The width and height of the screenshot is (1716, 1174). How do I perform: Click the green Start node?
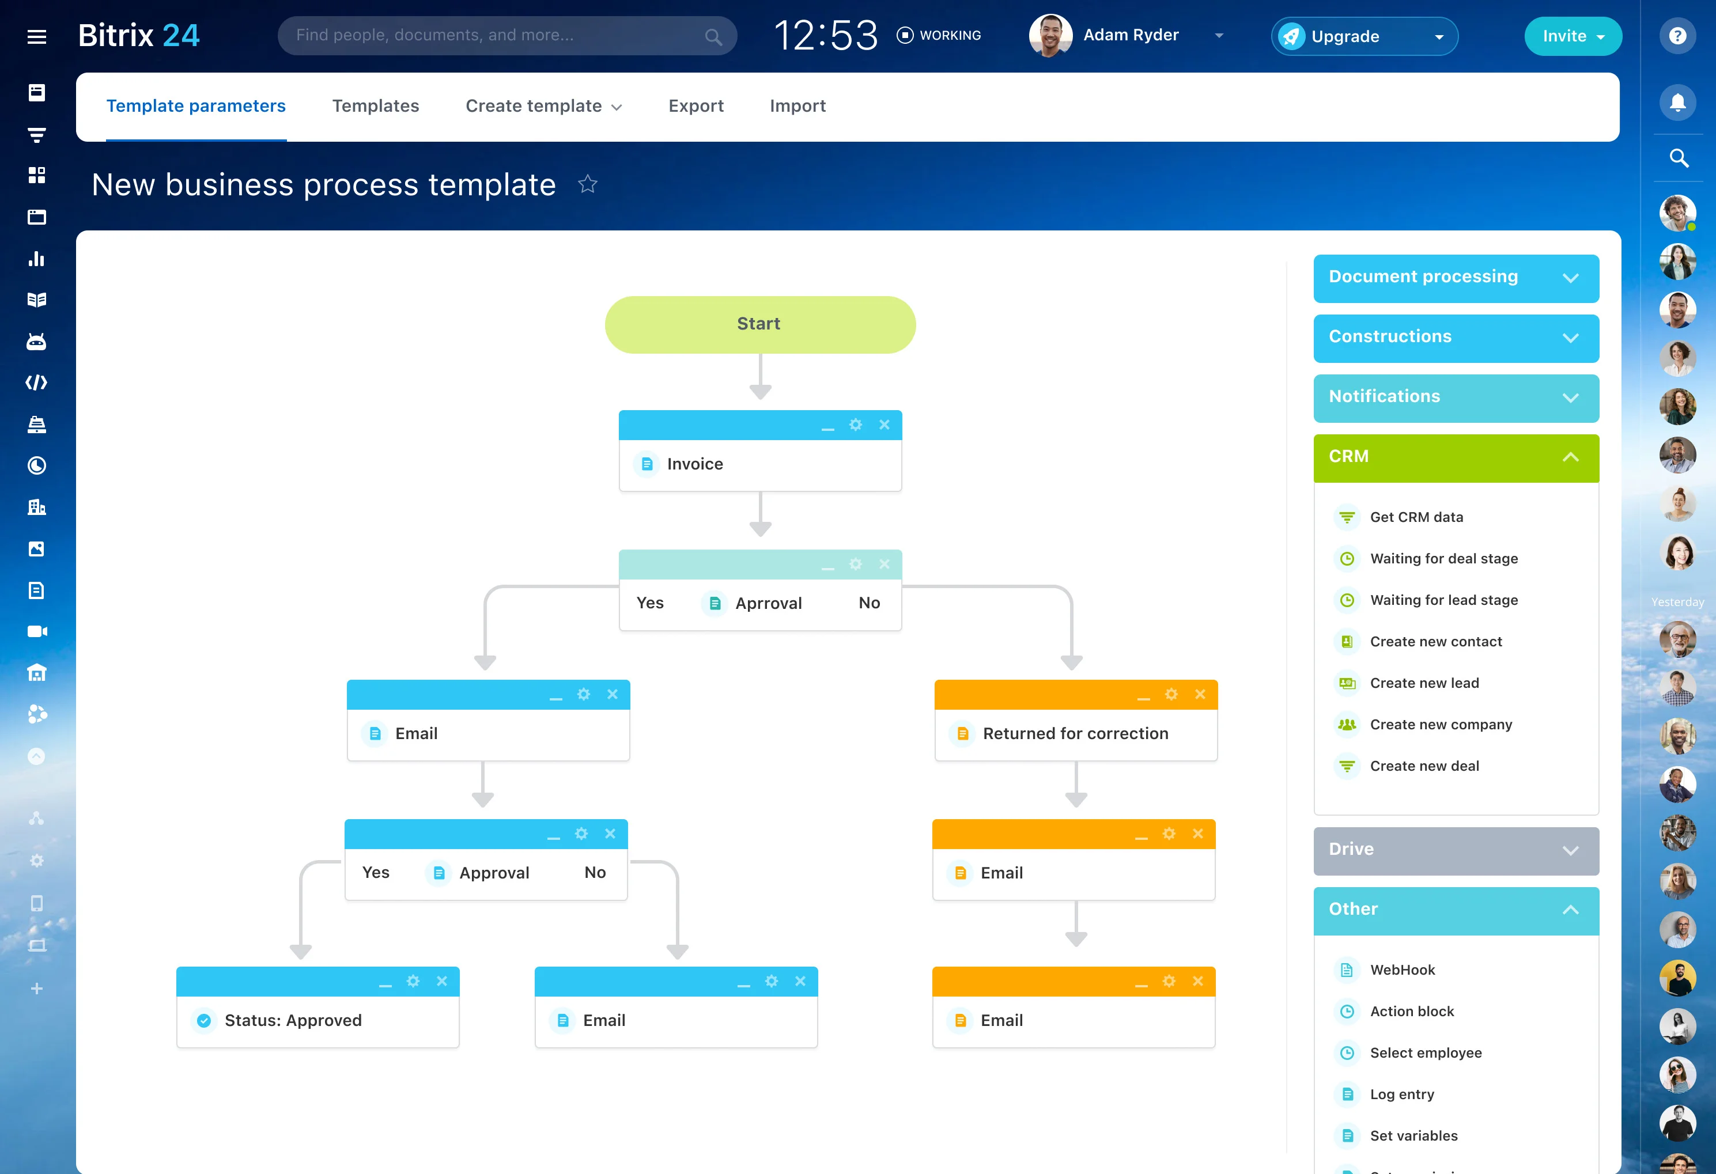click(760, 324)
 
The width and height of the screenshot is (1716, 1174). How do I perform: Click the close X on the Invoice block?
click(884, 425)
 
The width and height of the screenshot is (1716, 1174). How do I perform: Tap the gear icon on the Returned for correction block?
click(1171, 694)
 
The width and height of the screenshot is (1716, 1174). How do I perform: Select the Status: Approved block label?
click(293, 1020)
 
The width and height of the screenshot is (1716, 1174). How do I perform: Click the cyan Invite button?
click(1573, 36)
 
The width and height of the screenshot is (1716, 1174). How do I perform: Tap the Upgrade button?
click(1364, 36)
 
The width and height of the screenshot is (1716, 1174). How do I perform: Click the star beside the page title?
click(588, 184)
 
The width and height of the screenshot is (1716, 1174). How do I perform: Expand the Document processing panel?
click(1456, 278)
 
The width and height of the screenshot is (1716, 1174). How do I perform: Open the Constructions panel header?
click(1456, 338)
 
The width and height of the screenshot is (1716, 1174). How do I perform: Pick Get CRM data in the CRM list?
click(1416, 517)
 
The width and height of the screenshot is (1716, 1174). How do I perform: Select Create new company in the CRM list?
click(1441, 724)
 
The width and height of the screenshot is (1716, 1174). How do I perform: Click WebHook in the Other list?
click(1402, 970)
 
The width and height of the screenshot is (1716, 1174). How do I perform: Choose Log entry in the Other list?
click(1401, 1095)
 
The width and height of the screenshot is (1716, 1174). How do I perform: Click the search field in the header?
click(507, 36)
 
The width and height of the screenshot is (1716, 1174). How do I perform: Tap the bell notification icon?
click(1677, 102)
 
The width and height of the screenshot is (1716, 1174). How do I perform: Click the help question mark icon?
click(1677, 36)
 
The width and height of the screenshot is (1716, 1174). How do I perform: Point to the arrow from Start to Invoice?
click(760, 377)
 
